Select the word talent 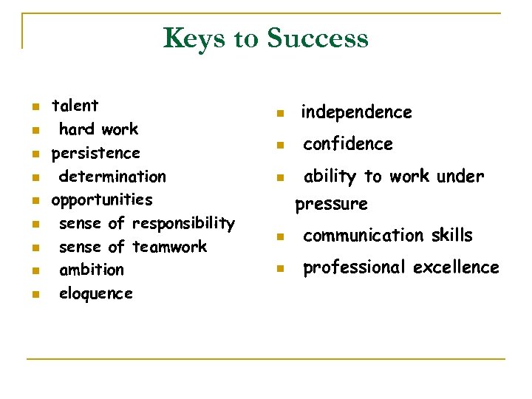click(x=75, y=106)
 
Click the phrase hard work click(x=98, y=129)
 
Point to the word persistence click(x=95, y=153)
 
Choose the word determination click(x=112, y=177)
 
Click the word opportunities click(x=101, y=200)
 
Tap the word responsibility click(x=183, y=223)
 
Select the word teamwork click(x=169, y=247)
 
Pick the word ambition click(x=92, y=270)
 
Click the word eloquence click(x=96, y=293)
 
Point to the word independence click(x=356, y=112)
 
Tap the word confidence click(x=348, y=144)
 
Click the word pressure click(x=331, y=204)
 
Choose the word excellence click(x=456, y=267)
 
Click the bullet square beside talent click(x=34, y=107)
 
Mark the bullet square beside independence click(x=279, y=114)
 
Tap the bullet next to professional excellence click(x=279, y=269)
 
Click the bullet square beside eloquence click(x=34, y=295)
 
